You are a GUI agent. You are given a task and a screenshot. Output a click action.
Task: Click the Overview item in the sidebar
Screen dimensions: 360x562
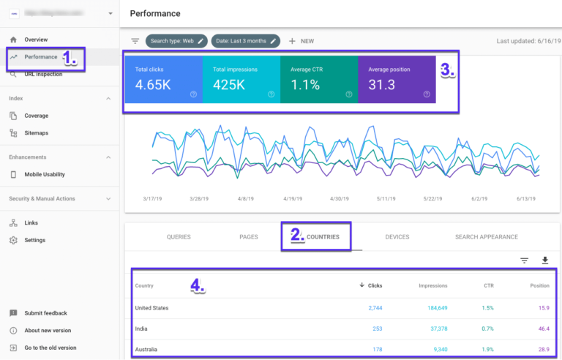pyautogui.click(x=35, y=40)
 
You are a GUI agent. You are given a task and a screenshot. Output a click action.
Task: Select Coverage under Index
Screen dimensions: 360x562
pyautogui.click(x=36, y=116)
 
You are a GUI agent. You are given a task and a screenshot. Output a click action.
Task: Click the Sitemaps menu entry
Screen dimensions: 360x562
pyautogui.click(x=37, y=133)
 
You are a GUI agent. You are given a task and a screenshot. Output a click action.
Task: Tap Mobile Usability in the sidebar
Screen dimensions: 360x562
pyautogui.click(x=45, y=174)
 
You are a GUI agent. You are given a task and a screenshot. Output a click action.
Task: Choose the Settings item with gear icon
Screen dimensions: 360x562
pyautogui.click(x=34, y=240)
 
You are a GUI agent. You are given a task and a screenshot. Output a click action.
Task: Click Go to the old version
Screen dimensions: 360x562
pyautogui.click(x=50, y=348)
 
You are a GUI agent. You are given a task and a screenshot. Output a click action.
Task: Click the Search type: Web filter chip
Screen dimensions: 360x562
pyautogui.click(x=176, y=41)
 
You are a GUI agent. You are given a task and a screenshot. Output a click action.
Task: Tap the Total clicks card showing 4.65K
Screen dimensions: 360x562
pyautogui.click(x=163, y=78)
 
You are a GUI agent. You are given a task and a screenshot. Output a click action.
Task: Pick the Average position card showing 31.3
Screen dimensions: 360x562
pyautogui.click(x=396, y=78)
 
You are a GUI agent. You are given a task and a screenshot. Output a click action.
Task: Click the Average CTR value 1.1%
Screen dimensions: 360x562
pyautogui.click(x=305, y=85)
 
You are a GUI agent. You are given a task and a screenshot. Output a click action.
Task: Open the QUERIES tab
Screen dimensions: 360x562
pyautogui.click(x=179, y=237)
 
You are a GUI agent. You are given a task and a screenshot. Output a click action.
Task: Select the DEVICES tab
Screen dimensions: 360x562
pyautogui.click(x=397, y=237)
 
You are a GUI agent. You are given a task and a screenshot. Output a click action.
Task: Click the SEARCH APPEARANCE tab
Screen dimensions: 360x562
pyautogui.click(x=486, y=237)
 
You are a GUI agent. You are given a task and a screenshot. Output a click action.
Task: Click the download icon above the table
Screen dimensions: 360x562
pyautogui.click(x=544, y=260)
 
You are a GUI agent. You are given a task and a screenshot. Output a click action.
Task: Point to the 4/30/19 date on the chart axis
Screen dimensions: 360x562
pyautogui.click(x=340, y=198)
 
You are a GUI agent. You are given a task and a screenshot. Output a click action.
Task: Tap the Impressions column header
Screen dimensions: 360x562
pyautogui.click(x=432, y=285)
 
